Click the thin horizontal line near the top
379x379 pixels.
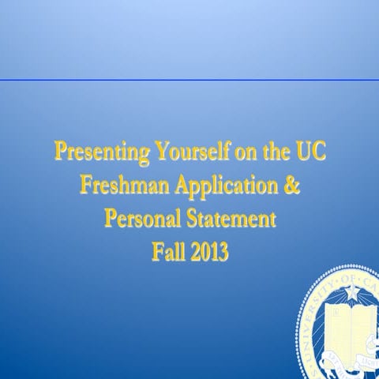pyautogui.click(x=189, y=81)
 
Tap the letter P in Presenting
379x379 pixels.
pyautogui.click(x=60, y=152)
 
